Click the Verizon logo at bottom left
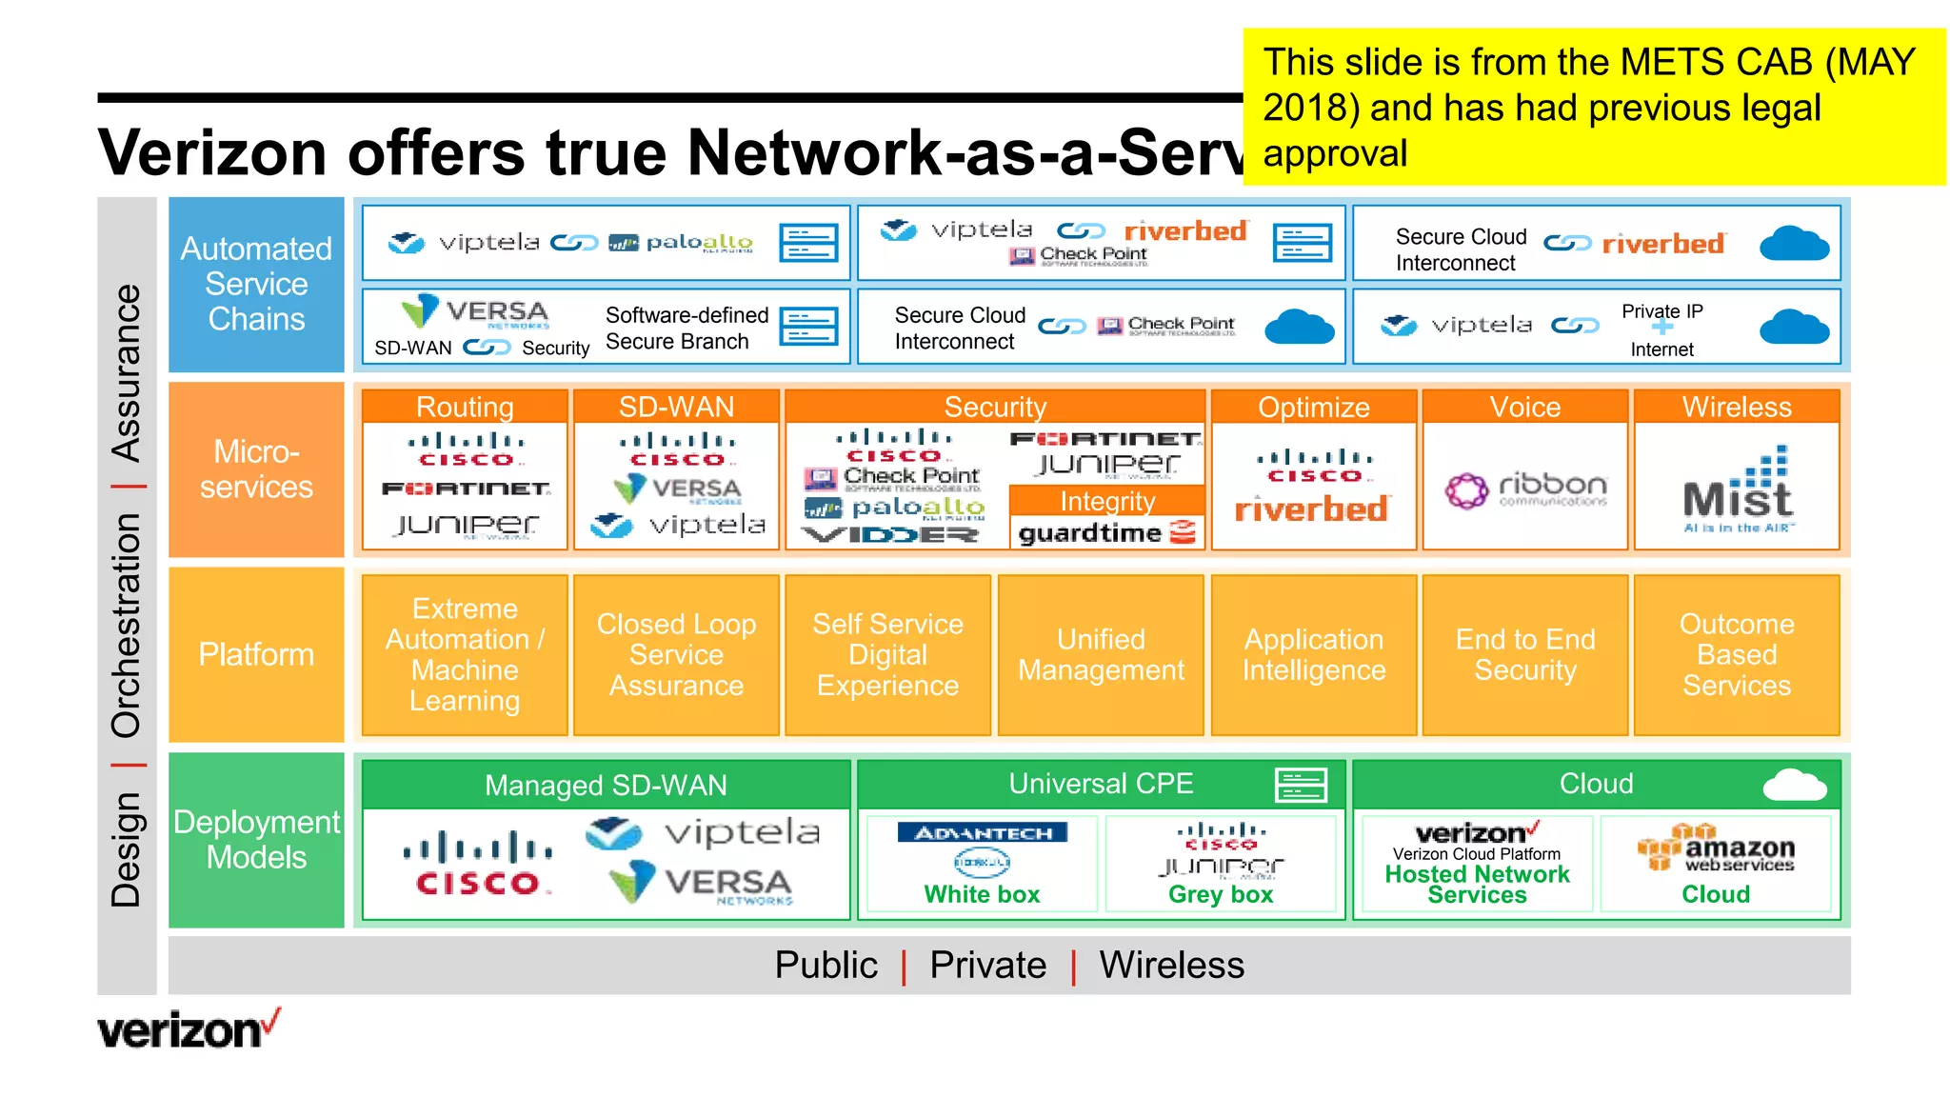[189, 1030]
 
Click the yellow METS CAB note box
[1593, 107]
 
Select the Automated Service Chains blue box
[256, 284]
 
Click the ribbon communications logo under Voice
[1525, 489]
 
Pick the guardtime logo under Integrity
[1106, 532]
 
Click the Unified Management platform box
[1101, 654]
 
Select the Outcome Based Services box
[1736, 654]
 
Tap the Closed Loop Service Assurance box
[676, 654]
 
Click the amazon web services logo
[1716, 848]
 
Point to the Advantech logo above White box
[983, 833]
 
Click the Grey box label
[1220, 894]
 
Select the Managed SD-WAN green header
[606, 785]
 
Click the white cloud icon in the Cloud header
[1794, 785]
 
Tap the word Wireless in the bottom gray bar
[1171, 965]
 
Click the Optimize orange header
[1313, 407]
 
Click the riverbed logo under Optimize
[1311, 509]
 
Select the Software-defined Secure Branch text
[686, 328]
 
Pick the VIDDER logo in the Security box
[890, 535]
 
